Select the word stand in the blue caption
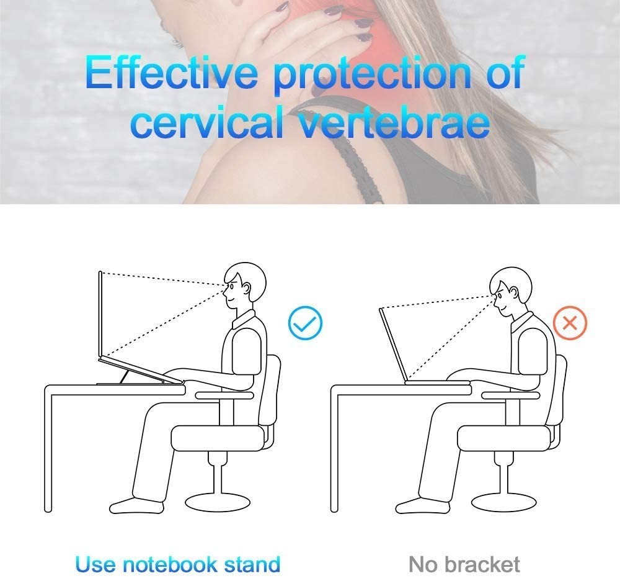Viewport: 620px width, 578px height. click(251, 564)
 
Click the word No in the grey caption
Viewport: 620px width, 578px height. click(423, 564)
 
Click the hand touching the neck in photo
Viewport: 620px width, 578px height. click(310, 37)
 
